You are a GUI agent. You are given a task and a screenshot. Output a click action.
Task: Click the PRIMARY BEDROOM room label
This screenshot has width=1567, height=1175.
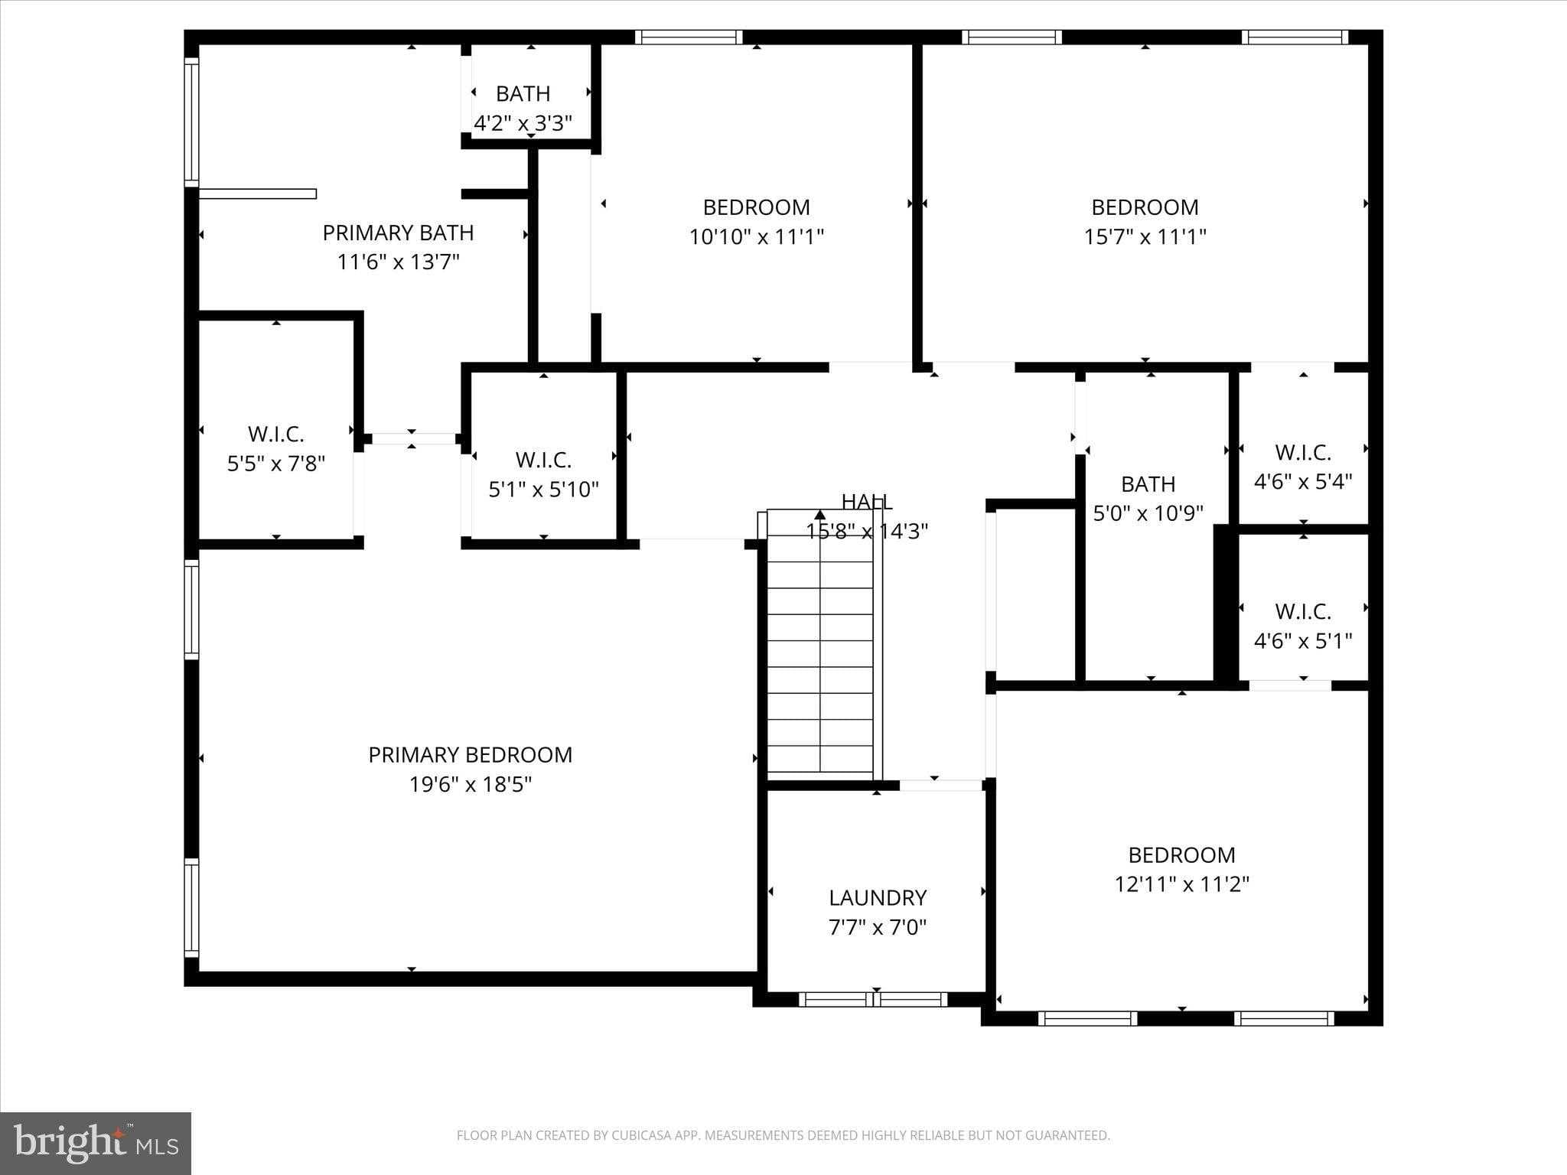click(470, 755)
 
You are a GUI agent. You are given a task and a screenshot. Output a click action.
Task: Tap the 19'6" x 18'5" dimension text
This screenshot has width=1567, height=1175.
click(470, 785)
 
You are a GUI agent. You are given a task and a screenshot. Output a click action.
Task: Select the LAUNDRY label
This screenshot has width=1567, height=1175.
click(877, 897)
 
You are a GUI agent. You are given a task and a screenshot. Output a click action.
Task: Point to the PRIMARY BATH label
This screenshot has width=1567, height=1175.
click(398, 233)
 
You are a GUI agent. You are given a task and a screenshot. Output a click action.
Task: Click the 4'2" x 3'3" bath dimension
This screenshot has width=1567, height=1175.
click(523, 123)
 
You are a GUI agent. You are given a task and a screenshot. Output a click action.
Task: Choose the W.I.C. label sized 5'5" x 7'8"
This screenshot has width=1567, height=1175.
click(275, 435)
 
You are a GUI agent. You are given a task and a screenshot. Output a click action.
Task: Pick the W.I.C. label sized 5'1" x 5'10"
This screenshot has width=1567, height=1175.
click(543, 461)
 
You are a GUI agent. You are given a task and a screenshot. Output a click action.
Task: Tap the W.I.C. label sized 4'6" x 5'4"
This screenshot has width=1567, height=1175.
click(1302, 453)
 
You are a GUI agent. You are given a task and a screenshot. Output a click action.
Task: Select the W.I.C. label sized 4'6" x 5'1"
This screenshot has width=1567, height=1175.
click(1302, 612)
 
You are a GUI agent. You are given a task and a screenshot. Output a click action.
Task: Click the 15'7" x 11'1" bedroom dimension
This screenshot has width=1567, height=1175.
click(1145, 237)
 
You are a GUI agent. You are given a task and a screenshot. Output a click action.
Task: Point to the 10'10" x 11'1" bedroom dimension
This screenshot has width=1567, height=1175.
click(756, 237)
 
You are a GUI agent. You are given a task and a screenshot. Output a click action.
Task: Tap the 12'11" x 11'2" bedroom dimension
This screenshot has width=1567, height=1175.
click(1181, 884)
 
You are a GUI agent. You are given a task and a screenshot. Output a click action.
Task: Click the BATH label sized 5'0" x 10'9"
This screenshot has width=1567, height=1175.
click(1148, 484)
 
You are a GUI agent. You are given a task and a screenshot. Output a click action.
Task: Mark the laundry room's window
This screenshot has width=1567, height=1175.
click(873, 999)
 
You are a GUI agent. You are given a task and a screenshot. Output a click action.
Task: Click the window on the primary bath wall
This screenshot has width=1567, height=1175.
click(191, 122)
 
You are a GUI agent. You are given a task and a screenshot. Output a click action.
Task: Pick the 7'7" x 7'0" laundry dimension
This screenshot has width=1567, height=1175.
click(877, 928)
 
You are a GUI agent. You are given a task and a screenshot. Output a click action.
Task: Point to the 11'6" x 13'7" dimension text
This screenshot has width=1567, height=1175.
click(398, 262)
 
